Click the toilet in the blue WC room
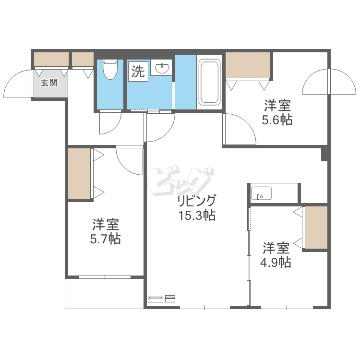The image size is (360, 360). [x=110, y=69]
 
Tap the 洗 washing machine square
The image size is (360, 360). [x=138, y=72]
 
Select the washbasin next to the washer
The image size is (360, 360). [x=162, y=68]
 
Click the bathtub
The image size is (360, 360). [x=209, y=82]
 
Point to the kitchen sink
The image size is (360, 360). [x=261, y=193]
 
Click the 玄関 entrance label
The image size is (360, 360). [x=49, y=83]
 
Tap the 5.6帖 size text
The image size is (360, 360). [x=277, y=120]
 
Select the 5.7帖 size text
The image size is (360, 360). [x=106, y=239]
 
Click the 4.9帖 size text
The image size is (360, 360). [x=276, y=263]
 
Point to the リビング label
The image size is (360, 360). [x=196, y=201]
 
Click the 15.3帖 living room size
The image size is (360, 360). [x=197, y=216]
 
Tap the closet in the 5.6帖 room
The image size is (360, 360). [x=248, y=65]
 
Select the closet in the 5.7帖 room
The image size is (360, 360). [x=79, y=173]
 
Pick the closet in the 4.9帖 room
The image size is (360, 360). [x=316, y=228]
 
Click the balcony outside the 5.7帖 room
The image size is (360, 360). [x=105, y=294]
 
